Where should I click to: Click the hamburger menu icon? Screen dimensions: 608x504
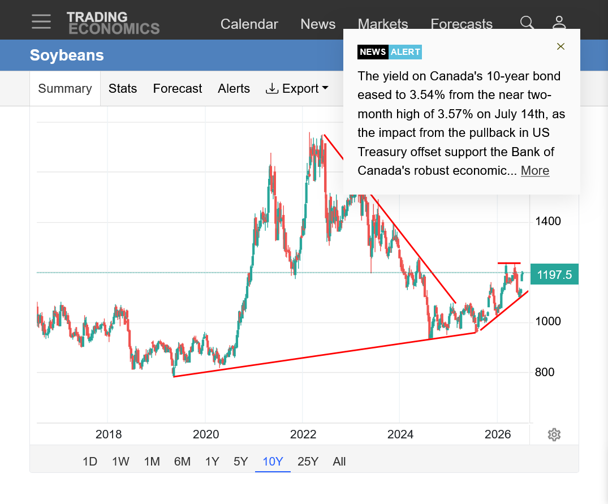[x=41, y=21]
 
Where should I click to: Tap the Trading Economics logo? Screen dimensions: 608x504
[x=113, y=23]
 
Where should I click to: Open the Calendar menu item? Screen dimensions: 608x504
[x=249, y=24]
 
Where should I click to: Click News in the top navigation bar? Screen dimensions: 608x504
[x=318, y=24]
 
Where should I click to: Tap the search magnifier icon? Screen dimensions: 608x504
[x=527, y=23]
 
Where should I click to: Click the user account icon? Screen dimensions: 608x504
[x=559, y=23]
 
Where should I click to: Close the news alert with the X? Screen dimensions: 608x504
[x=560, y=46]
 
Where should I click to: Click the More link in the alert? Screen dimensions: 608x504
[x=535, y=171]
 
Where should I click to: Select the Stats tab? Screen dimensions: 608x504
[x=123, y=88]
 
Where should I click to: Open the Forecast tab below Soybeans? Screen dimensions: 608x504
[x=178, y=88]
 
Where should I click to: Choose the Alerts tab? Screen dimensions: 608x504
[x=234, y=88]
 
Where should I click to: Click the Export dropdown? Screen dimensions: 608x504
[x=297, y=88]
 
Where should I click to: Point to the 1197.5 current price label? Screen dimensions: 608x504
[x=554, y=274]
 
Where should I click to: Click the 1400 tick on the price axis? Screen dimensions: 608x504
[x=548, y=221]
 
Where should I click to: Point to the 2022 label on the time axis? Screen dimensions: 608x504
[x=303, y=434]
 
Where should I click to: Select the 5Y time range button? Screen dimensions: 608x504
[x=240, y=462]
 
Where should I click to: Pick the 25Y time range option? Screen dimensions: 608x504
[x=308, y=462]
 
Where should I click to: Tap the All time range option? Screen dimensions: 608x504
[x=339, y=462]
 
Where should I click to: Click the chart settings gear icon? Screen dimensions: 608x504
[x=554, y=434]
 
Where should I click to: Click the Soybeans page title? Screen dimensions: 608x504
[x=67, y=55]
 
